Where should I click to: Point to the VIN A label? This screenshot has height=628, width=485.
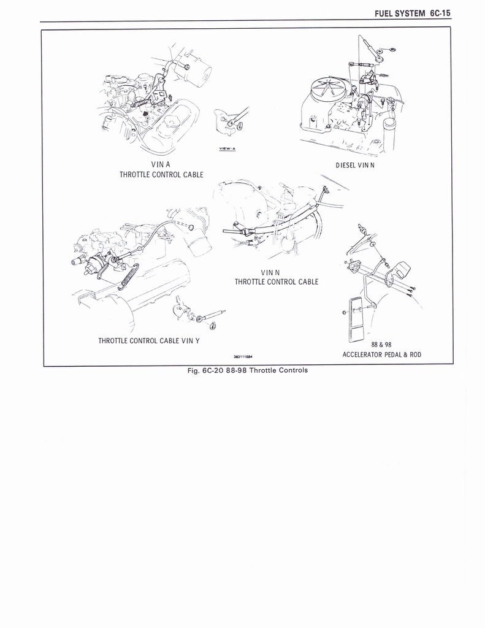161,164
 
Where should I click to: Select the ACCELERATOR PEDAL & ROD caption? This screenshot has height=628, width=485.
381,354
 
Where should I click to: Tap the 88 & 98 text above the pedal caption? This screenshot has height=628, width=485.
381,345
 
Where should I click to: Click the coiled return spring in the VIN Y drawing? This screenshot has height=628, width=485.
128,277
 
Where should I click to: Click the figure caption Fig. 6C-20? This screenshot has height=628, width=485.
211,370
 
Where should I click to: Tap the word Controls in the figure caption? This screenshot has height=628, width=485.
292,370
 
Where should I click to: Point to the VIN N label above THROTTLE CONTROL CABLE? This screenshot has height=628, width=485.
271,272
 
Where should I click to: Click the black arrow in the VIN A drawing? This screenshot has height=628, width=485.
144,112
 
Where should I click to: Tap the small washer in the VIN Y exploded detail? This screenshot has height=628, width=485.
200,318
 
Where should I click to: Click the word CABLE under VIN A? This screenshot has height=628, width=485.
191,175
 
